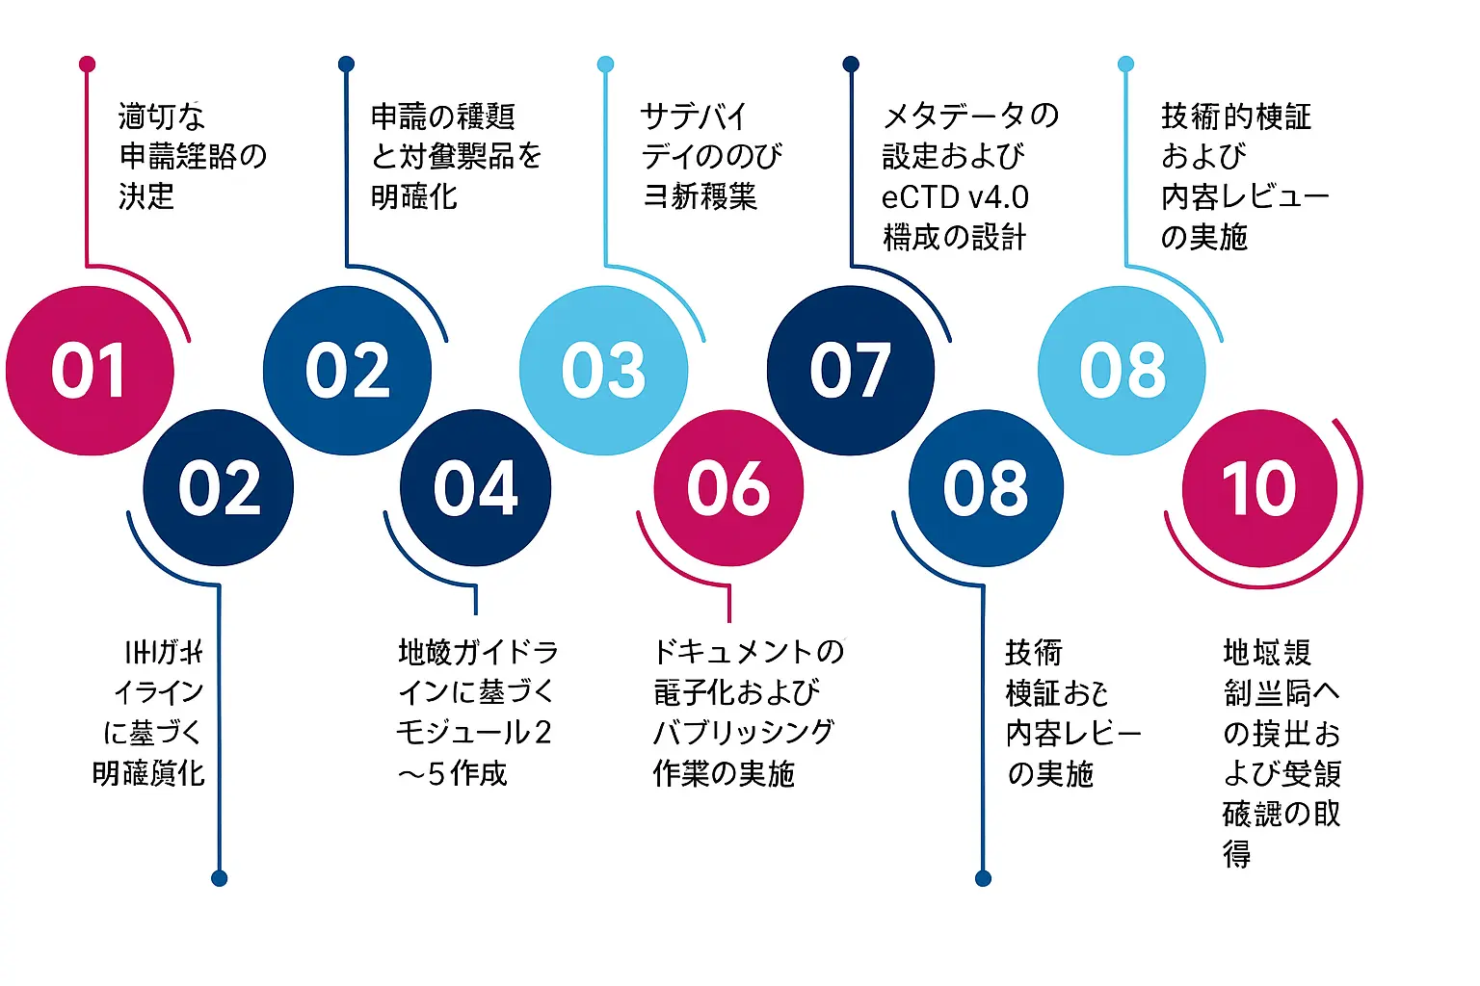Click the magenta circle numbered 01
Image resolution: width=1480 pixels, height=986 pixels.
tap(90, 371)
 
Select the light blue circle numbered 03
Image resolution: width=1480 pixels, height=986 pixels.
tap(603, 371)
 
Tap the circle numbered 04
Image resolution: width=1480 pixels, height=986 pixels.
tap(475, 488)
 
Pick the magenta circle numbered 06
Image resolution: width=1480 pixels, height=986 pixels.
tap(728, 488)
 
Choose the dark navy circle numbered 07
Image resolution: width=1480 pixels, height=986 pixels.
tap(850, 371)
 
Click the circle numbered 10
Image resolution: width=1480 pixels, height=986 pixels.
tap(1259, 488)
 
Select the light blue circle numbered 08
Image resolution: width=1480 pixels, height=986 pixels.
tap(1122, 371)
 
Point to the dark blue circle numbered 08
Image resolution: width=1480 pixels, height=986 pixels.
tap(986, 488)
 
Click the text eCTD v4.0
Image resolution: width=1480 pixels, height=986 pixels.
tap(955, 197)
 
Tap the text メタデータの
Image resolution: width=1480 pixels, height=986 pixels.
tap(970, 117)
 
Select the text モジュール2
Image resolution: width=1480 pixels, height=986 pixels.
tap(474, 733)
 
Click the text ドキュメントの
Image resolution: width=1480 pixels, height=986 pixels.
tap(749, 652)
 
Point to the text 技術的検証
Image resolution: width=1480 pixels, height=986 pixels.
tap(1235, 117)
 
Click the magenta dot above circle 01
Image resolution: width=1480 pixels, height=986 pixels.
tap(88, 65)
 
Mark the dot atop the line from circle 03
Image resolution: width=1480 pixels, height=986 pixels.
tap(605, 65)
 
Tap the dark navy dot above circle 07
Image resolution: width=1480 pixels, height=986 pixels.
tap(851, 65)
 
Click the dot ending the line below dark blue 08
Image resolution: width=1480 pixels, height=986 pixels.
tap(983, 878)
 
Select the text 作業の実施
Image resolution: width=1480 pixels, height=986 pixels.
tap(724, 773)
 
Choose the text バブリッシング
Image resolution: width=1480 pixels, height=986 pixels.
tap(743, 733)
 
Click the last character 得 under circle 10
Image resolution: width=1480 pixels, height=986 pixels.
tap(1237, 854)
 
